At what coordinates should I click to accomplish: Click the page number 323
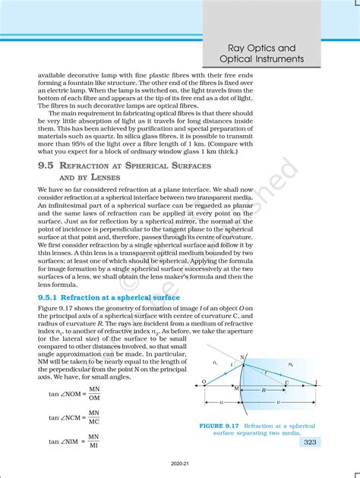click(311, 441)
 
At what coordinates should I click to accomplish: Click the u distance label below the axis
click(221, 403)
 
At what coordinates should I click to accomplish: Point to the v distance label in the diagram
click(279, 403)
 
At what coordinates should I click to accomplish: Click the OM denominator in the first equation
click(93, 399)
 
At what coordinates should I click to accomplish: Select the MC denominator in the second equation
click(93, 422)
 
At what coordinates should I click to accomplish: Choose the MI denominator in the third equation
click(93, 445)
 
